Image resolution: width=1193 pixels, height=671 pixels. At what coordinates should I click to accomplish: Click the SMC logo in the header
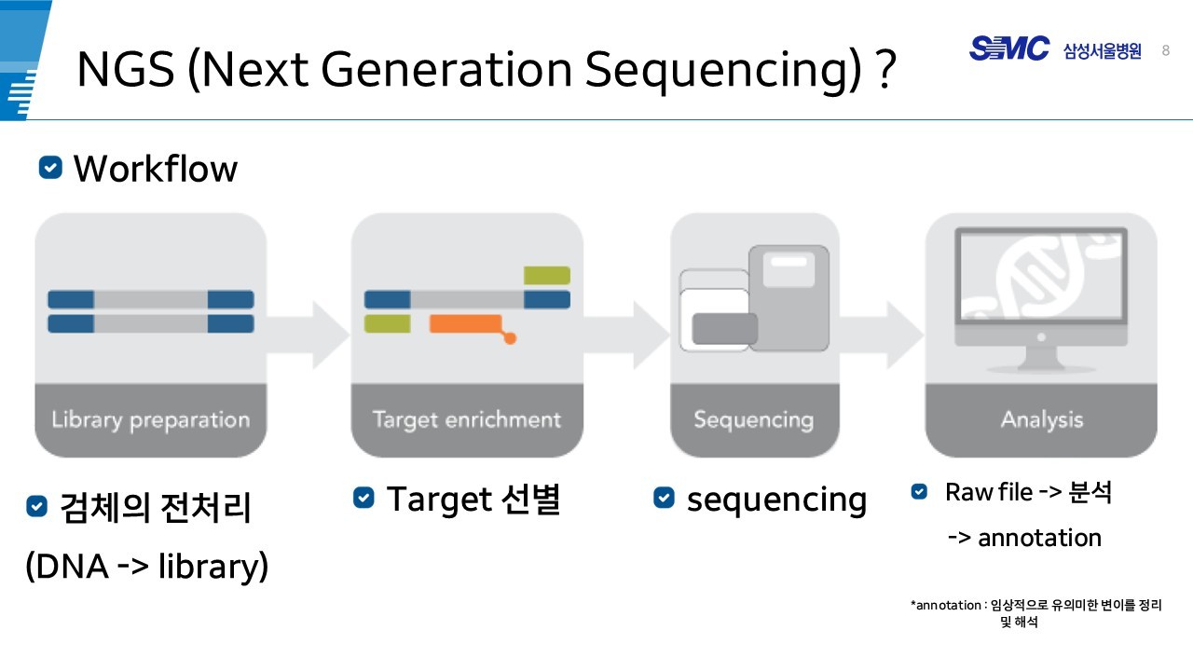(1008, 48)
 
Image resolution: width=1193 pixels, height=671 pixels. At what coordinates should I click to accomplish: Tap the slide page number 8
(1166, 50)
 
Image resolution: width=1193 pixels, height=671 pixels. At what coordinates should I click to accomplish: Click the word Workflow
(155, 169)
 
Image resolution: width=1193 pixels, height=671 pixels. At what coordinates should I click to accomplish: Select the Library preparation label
(150, 419)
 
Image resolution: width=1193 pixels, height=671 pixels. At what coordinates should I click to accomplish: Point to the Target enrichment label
(466, 419)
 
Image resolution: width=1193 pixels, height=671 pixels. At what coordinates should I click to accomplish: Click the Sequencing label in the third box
(753, 419)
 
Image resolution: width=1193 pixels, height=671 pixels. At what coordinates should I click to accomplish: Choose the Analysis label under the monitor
(1041, 419)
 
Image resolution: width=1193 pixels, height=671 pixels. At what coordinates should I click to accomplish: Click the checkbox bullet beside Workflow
(50, 168)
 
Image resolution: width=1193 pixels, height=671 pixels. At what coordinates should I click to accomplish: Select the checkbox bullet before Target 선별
(363, 499)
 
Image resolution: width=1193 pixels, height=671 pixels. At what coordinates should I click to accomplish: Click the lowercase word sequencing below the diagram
(776, 500)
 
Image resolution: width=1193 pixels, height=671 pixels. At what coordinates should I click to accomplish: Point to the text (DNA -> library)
(147, 566)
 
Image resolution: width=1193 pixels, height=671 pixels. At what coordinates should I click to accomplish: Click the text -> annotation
(1023, 538)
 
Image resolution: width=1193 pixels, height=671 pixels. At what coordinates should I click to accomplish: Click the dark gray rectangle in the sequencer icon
(724, 329)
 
